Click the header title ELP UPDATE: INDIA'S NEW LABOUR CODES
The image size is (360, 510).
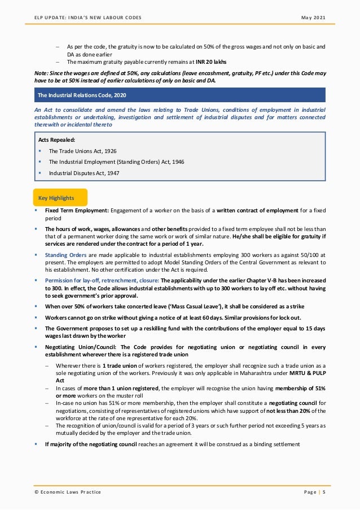click(x=88, y=18)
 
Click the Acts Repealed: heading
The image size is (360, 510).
click(x=56, y=139)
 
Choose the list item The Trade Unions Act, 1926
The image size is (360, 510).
click(x=82, y=151)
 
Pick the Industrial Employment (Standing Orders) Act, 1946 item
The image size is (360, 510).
click(x=116, y=162)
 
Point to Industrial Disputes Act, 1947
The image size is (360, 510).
click(x=84, y=173)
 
